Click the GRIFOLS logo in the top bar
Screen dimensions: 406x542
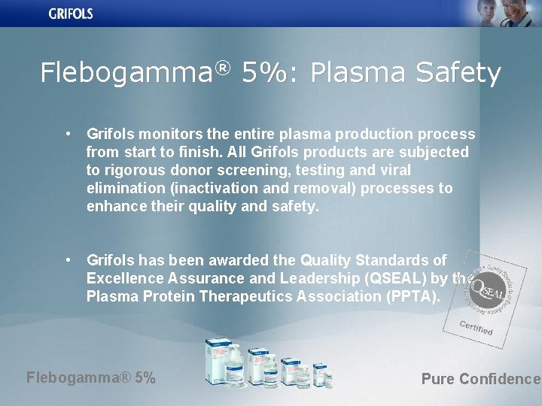click(x=71, y=13)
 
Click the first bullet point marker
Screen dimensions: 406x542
click(x=69, y=134)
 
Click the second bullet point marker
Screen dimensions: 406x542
click(x=69, y=260)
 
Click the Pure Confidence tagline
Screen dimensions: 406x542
click(x=480, y=379)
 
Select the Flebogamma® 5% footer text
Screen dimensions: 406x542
click(x=91, y=377)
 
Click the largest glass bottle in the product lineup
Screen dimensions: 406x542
click(x=225, y=361)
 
